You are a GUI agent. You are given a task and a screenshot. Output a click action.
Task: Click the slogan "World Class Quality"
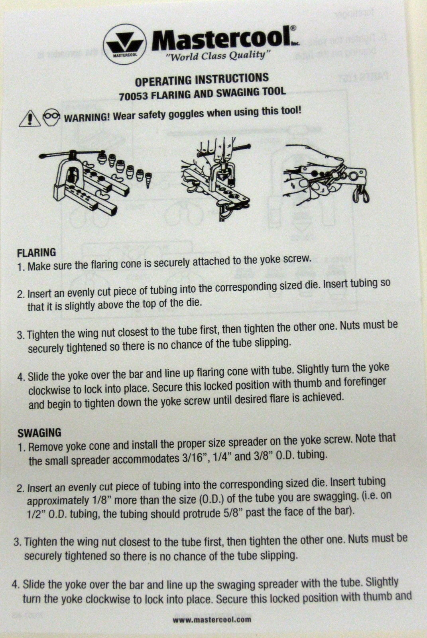point(218,55)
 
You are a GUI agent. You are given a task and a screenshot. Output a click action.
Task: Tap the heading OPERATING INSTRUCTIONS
point(202,79)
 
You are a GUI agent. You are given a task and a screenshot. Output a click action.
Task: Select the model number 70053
point(133,96)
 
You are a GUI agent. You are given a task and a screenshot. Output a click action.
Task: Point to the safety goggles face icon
point(51,117)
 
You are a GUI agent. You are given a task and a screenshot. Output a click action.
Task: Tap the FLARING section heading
point(36,253)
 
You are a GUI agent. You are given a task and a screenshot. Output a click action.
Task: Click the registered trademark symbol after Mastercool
point(293,28)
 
